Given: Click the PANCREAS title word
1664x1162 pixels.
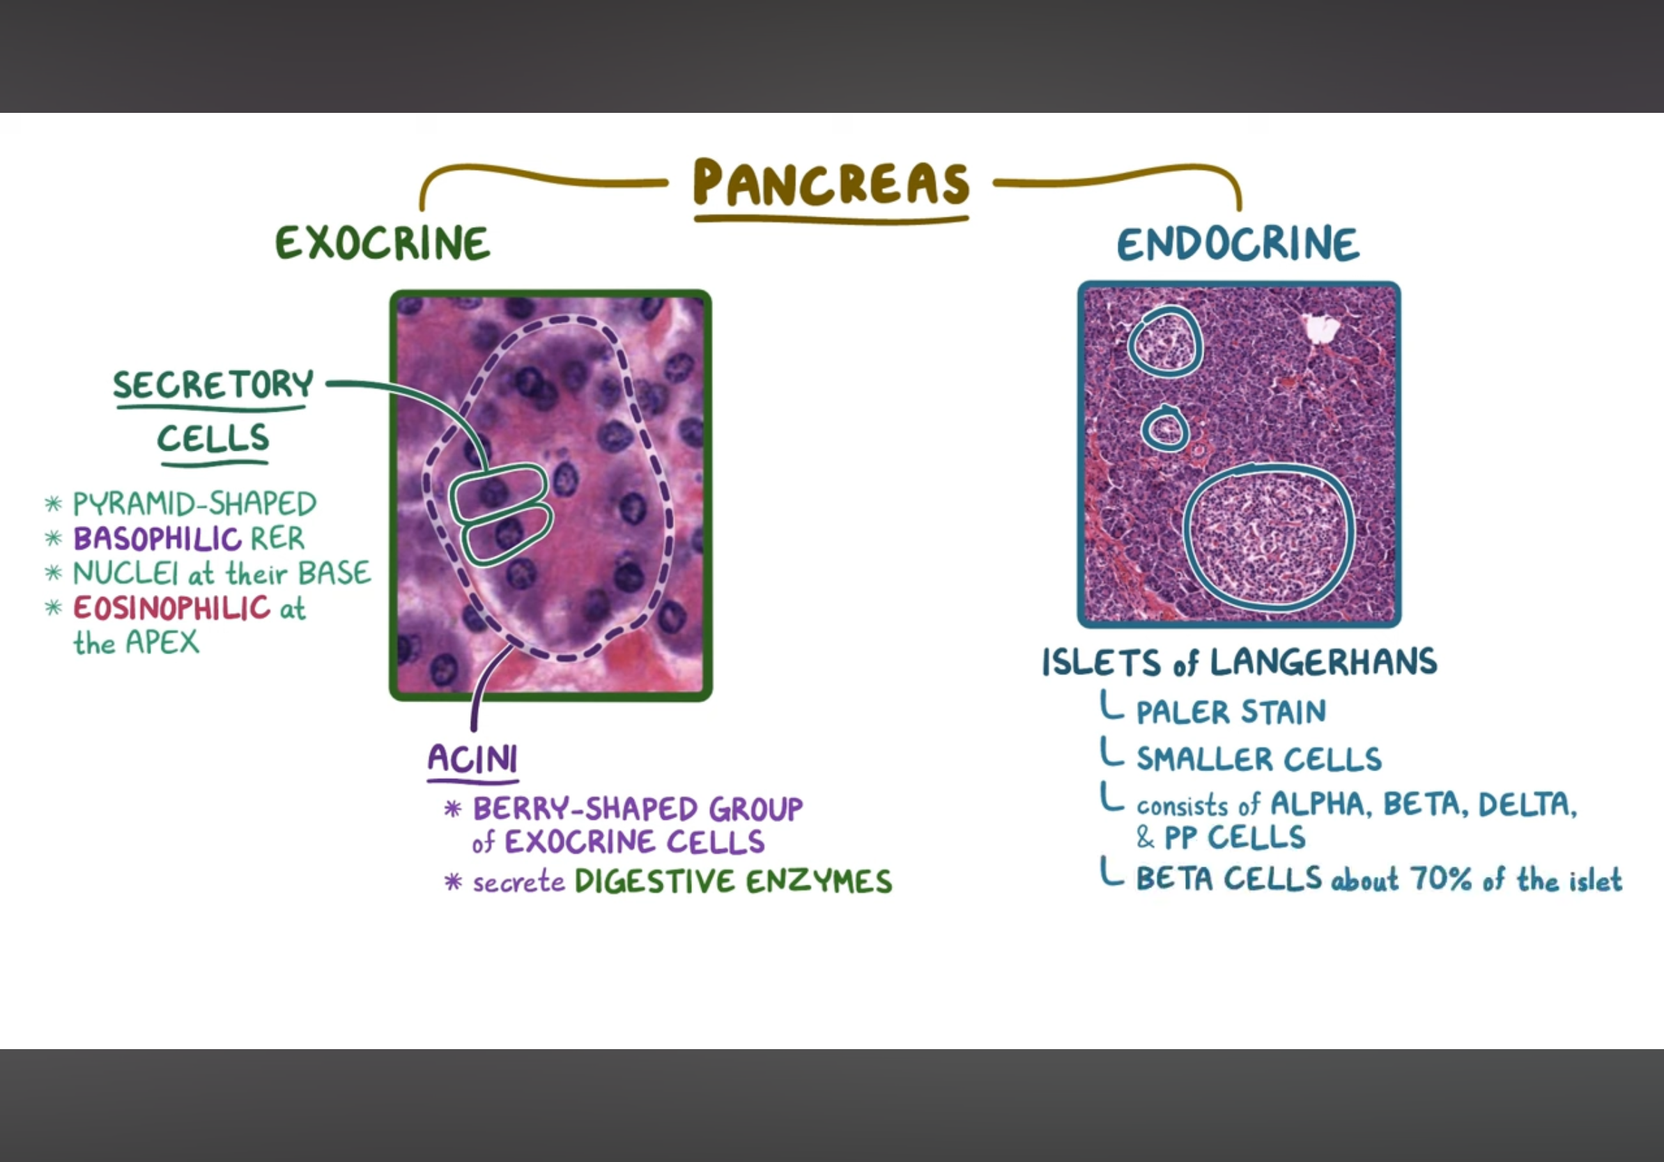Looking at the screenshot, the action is pyautogui.click(x=831, y=182).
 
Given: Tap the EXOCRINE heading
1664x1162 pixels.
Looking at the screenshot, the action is pyautogui.click(x=383, y=242).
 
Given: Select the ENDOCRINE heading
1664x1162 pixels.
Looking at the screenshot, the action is pyautogui.click(x=1238, y=243).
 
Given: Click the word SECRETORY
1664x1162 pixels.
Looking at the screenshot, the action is pyautogui.click(x=213, y=384).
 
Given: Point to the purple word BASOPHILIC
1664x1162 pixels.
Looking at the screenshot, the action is pyautogui.click(x=157, y=539).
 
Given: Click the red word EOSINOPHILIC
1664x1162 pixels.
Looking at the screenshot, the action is pyautogui.click(x=171, y=607).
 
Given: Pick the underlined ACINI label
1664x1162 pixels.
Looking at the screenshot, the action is pyautogui.click(x=472, y=759).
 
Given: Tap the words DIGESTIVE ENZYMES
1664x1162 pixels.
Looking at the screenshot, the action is pyautogui.click(x=734, y=882).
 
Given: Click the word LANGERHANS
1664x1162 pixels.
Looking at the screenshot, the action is pyautogui.click(x=1323, y=661).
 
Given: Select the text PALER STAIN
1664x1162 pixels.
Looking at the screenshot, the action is pyautogui.click(x=1231, y=712).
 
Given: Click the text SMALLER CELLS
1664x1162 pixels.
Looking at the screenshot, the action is pyautogui.click(x=1259, y=759).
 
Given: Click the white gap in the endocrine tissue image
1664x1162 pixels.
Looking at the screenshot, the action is pyautogui.click(x=1321, y=328).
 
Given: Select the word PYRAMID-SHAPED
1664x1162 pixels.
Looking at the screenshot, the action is pyautogui.click(x=194, y=504).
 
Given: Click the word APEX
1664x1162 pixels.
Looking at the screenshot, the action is pyautogui.click(x=162, y=642).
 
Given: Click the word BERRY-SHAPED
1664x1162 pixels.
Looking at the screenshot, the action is pyautogui.click(x=586, y=809).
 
